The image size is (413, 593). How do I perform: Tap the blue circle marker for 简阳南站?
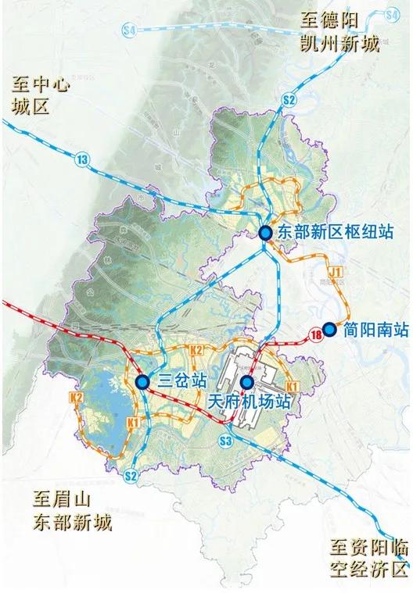(x=329, y=330)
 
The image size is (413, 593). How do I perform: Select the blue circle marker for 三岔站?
(x=142, y=382)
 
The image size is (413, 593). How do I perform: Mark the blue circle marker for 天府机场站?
(x=247, y=382)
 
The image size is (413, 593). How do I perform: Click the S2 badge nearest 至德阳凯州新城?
(x=289, y=99)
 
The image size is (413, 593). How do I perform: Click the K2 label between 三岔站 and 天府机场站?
(x=196, y=350)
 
